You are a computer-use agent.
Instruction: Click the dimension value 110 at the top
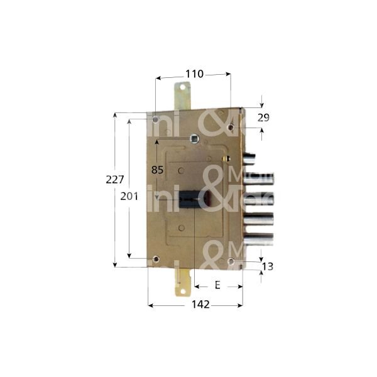(x=194, y=74)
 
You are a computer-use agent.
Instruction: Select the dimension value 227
(x=114, y=179)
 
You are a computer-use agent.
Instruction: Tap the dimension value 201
(x=129, y=197)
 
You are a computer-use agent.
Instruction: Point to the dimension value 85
(x=158, y=170)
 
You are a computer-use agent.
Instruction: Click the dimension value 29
(x=263, y=117)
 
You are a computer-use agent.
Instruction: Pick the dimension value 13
(x=268, y=266)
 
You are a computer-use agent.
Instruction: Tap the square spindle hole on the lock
(x=194, y=139)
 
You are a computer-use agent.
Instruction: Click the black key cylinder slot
(x=190, y=200)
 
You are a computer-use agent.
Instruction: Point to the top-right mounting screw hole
(x=231, y=128)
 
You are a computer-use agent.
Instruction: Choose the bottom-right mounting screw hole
(x=231, y=261)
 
